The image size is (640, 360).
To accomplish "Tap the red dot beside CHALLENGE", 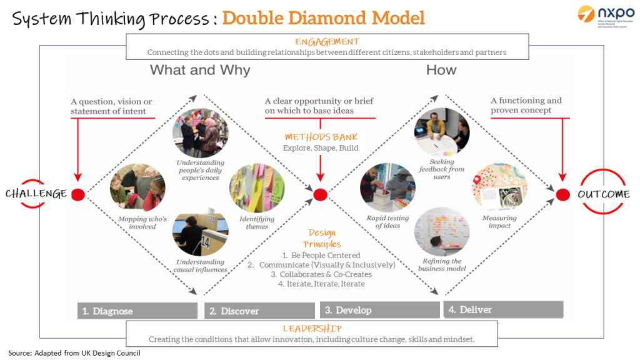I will coord(78,194).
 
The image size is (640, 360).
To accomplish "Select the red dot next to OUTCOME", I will coord(562,194).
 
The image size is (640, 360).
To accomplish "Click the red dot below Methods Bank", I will coord(320,194).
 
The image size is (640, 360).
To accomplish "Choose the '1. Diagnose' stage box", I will coord(137,311).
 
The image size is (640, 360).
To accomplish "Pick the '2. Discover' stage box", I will coord(259,311).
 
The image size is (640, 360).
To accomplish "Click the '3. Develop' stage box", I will coord(381,310).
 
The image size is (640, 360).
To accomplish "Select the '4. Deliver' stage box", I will coord(503,309).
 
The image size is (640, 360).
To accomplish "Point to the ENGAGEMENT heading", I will coord(327,41).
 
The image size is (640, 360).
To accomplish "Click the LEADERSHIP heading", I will coord(312,328).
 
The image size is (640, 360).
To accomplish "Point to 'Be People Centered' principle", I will coord(321,255).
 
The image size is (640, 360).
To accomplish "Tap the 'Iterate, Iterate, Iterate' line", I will coord(321,284).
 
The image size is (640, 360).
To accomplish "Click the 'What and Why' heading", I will coord(200,70).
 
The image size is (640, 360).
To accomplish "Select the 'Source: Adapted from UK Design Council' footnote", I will coord(74,353).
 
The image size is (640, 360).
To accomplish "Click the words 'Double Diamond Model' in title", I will coord(323,17).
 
